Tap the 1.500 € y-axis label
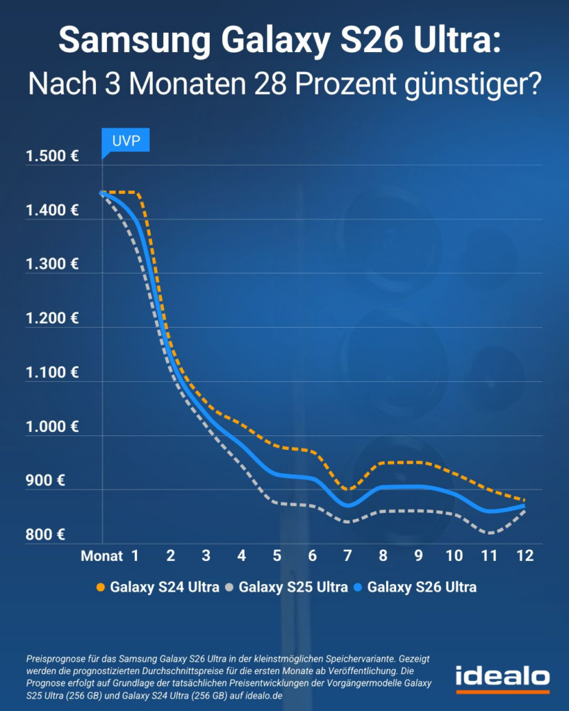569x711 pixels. coord(52,156)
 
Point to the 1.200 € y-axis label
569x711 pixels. coord(52,319)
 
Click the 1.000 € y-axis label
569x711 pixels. coord(52,426)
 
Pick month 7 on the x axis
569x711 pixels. coord(347,556)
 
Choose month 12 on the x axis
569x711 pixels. coord(525,556)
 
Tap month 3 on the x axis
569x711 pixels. coord(206,556)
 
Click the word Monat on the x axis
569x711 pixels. coord(101,556)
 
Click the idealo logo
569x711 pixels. coord(502,677)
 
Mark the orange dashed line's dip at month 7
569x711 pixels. coord(347,490)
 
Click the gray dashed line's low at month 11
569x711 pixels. coord(490,533)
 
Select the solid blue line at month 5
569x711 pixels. coord(277,474)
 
